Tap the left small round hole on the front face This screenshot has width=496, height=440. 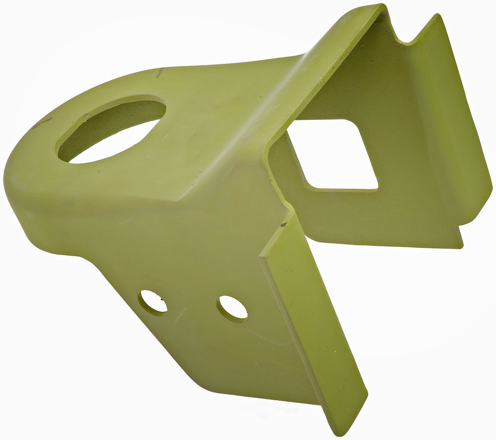(153, 301)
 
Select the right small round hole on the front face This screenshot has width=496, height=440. (232, 308)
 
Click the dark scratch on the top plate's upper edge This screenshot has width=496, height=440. (160, 72)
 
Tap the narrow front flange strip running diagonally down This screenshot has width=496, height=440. (312, 322)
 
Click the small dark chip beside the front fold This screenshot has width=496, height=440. (284, 224)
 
